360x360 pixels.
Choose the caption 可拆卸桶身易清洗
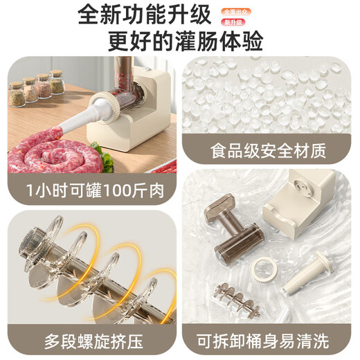click(x=267, y=341)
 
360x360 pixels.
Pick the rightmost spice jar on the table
click(x=57, y=82)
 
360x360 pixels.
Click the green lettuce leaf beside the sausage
click(x=107, y=163)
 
